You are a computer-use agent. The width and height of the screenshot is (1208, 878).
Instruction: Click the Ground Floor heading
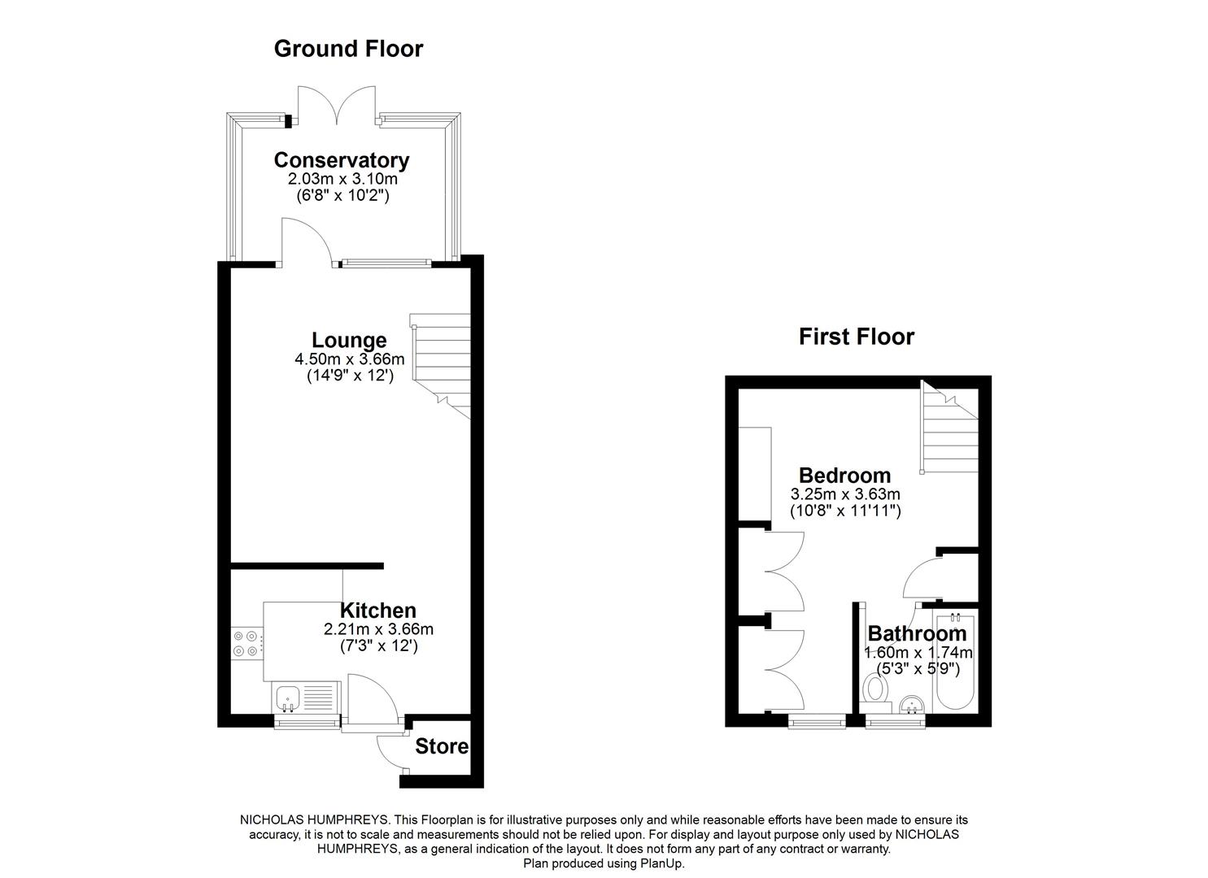click(348, 49)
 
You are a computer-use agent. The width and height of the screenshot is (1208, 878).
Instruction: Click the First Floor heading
click(856, 337)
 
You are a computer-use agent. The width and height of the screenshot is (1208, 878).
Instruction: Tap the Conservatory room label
click(341, 160)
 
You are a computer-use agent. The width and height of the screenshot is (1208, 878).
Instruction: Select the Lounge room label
click(349, 341)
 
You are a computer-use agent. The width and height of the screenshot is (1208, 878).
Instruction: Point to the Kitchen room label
click(377, 611)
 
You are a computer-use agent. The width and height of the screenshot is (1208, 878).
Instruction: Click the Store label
click(442, 746)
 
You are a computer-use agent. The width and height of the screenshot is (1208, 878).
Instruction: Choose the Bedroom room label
click(844, 476)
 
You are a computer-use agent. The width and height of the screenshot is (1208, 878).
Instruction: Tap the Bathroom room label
click(917, 633)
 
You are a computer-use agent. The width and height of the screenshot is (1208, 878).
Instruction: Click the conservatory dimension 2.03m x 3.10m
click(342, 178)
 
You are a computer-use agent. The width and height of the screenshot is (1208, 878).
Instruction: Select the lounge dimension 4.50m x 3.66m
click(349, 359)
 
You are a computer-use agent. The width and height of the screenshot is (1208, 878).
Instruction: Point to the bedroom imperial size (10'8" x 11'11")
click(845, 511)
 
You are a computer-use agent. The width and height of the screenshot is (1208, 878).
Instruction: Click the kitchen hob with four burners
click(246, 643)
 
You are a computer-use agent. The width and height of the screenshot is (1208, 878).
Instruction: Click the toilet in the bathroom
click(875, 690)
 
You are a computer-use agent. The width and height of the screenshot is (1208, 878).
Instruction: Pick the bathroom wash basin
click(911, 703)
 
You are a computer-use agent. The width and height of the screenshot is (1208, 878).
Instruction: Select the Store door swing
click(392, 752)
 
